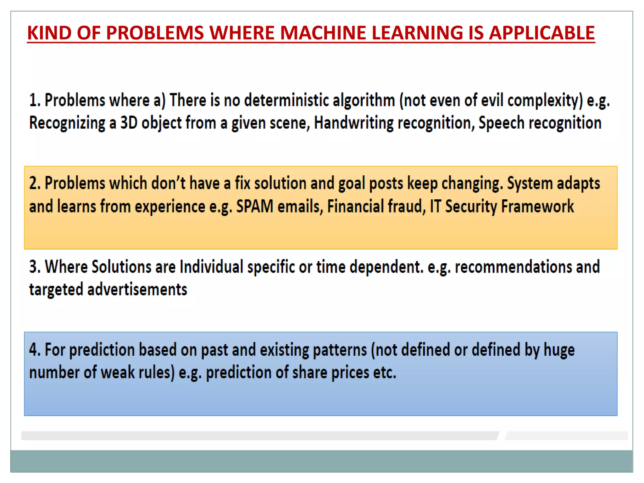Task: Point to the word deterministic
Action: (286, 101)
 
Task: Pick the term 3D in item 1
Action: (129, 123)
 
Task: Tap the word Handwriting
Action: (353, 123)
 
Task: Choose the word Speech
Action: (501, 123)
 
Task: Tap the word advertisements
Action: (137, 290)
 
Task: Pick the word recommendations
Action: (513, 267)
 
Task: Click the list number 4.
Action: (34, 350)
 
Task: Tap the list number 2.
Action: (34, 184)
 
